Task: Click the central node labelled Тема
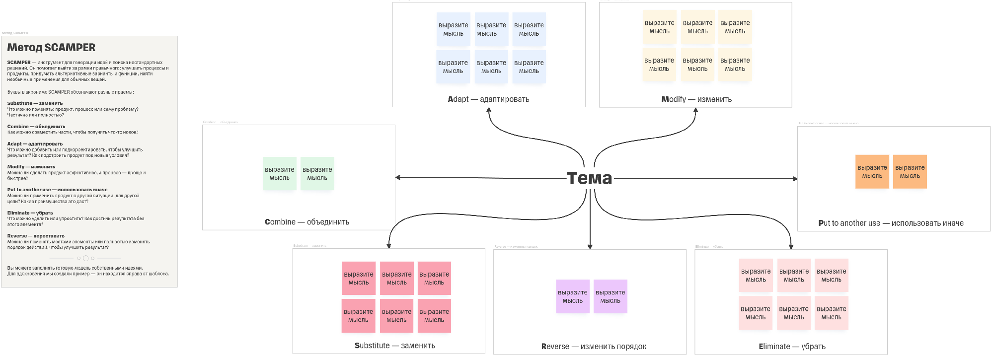point(590,178)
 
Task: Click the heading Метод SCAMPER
point(51,48)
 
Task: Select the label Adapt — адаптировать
point(488,99)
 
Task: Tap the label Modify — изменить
point(696,99)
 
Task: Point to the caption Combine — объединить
point(307,222)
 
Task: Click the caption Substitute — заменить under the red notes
point(394,346)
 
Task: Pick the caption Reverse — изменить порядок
point(594,347)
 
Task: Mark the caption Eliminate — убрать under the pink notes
point(792,347)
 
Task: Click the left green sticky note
point(279,174)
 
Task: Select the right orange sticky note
point(910,172)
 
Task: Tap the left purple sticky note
point(572,296)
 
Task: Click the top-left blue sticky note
point(453,29)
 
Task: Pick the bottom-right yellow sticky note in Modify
point(735,65)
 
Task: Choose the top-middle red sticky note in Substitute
point(396,278)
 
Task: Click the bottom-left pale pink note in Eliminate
point(756,313)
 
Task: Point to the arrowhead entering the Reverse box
point(590,246)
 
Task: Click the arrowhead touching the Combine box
point(398,177)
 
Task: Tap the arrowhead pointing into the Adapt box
point(489,110)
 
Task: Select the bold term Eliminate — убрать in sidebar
point(30,213)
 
